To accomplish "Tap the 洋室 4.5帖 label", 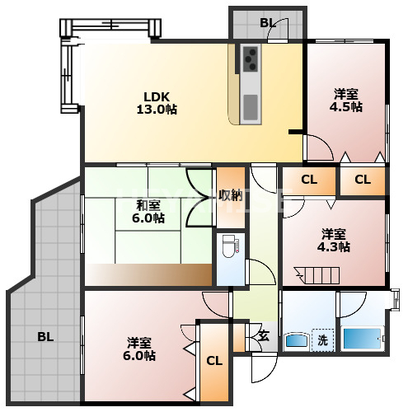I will pos(345,100).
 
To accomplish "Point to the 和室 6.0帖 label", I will pos(149,212).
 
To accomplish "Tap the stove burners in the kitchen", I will pos(250,59).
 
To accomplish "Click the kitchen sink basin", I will pos(251,105).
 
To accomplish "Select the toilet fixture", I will pos(228,246).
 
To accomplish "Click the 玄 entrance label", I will pos(263,335).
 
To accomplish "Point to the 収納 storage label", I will pos(230,196).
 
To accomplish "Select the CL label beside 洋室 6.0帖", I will pos(213,361).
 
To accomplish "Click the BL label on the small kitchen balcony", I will pos(267,22).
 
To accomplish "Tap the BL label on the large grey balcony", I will pos(45,336).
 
